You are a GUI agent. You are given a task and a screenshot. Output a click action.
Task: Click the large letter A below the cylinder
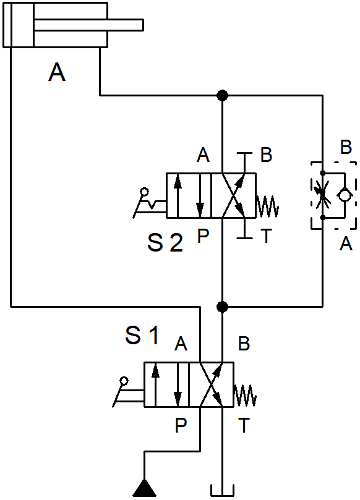tap(57, 72)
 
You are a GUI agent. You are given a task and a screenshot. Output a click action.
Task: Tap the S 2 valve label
tap(165, 243)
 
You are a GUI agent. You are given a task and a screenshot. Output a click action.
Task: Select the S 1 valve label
tap(142, 335)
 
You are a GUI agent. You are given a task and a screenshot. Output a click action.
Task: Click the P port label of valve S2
tap(203, 236)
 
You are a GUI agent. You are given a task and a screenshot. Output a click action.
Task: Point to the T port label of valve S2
tap(266, 236)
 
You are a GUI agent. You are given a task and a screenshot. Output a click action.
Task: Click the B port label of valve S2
tap(266, 155)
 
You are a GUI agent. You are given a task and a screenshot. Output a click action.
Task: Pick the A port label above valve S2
tap(204, 155)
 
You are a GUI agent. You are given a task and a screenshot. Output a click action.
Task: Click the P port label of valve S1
tap(181, 425)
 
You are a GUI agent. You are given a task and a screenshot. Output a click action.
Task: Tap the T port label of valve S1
tap(244, 425)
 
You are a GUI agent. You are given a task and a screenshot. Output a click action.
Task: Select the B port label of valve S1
tap(244, 344)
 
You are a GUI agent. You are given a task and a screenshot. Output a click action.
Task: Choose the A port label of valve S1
tap(181, 344)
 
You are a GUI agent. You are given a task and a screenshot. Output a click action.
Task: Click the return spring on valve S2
tap(267, 206)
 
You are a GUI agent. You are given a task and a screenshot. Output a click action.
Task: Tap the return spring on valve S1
tap(245, 396)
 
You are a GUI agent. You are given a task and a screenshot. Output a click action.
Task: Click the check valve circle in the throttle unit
tap(345, 195)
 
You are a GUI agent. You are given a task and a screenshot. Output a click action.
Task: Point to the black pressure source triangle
tap(144, 488)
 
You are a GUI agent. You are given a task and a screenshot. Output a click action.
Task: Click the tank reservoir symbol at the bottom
tap(223, 491)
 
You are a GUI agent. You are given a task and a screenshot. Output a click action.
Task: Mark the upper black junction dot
tap(222, 95)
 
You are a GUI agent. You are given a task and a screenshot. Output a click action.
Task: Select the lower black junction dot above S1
tap(222, 307)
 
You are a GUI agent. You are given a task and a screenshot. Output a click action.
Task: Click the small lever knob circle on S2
tap(145, 192)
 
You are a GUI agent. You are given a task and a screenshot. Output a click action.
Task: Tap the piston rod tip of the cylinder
tap(143, 25)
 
